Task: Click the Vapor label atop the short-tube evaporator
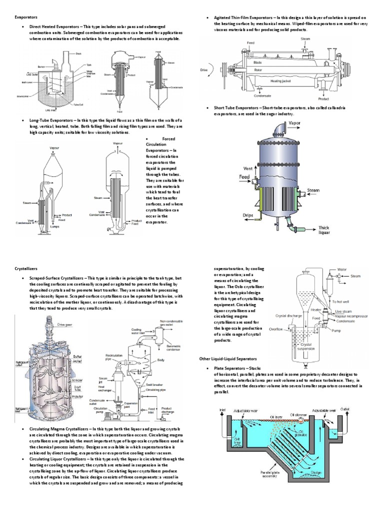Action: tap(294, 122)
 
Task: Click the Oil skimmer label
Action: tap(298, 400)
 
